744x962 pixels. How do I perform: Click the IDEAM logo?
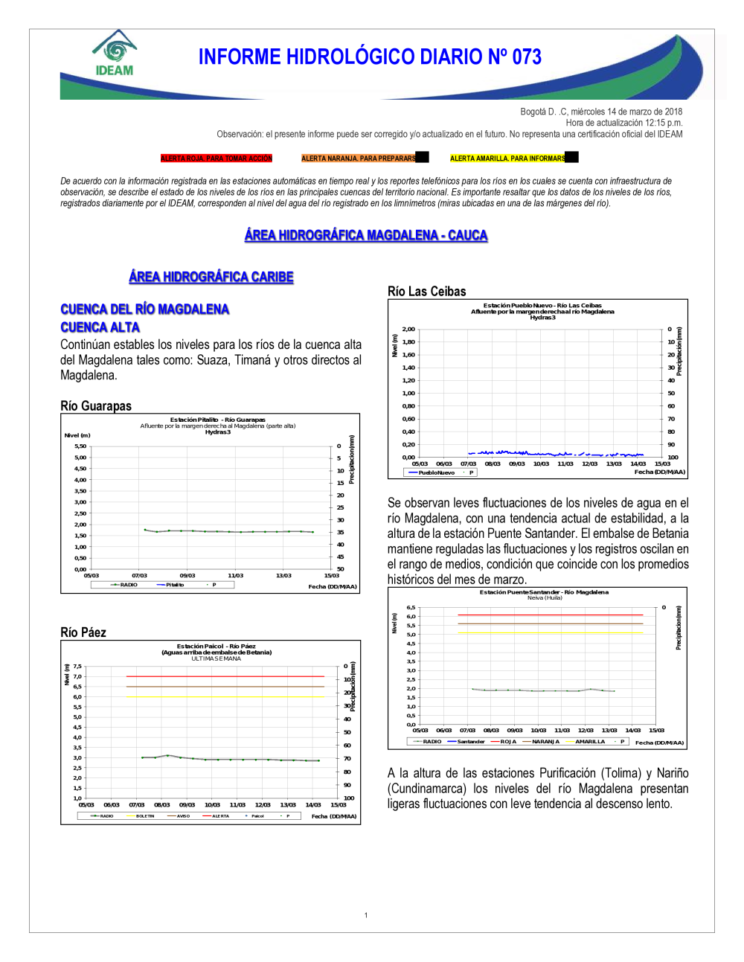point(115,54)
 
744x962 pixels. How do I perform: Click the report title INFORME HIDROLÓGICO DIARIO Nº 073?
point(370,57)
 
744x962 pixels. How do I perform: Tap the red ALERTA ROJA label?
point(217,158)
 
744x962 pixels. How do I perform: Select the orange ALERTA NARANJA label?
point(359,158)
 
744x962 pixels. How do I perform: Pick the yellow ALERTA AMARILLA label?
point(508,158)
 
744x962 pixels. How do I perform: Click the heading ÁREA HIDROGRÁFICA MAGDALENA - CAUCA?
point(366,235)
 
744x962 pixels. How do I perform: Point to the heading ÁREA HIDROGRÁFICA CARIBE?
point(211,277)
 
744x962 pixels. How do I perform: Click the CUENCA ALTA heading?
point(100,327)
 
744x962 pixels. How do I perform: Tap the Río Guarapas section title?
point(96,406)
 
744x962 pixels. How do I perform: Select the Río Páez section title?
point(83,632)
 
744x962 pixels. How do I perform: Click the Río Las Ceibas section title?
point(427,292)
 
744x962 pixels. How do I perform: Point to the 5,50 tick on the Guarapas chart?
point(80,446)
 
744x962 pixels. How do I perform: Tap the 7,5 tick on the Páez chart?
point(77,667)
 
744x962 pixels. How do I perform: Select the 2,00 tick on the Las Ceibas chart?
point(408,329)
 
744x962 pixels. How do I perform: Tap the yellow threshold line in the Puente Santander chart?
point(551,633)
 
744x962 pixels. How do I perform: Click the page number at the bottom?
point(366,915)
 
